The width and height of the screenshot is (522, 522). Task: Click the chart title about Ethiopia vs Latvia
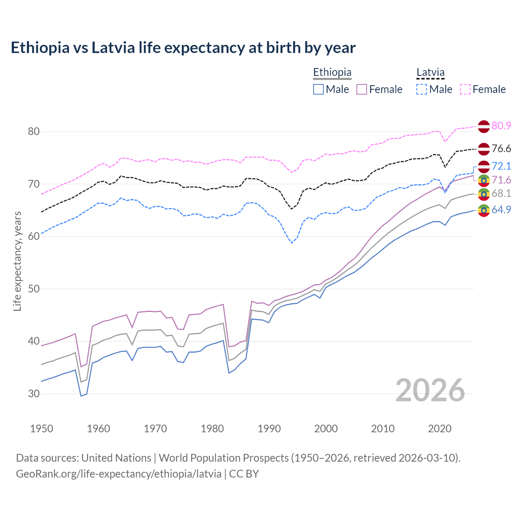[x=183, y=48]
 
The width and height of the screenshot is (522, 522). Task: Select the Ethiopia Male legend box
[x=319, y=89]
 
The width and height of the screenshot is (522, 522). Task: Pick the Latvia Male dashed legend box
[x=422, y=89]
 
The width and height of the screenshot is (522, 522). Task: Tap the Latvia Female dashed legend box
[x=465, y=89]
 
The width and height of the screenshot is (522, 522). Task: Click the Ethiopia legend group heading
[x=332, y=73]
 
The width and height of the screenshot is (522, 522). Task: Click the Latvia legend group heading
[x=430, y=73]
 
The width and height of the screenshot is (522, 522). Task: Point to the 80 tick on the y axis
[x=33, y=131]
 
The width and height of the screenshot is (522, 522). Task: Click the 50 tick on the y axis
[x=33, y=289]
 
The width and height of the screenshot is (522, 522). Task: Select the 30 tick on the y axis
[x=33, y=394]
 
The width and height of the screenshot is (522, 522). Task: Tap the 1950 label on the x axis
[x=42, y=429]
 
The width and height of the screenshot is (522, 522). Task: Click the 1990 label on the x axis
[x=269, y=429]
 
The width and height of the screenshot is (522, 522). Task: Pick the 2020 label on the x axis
[x=440, y=429]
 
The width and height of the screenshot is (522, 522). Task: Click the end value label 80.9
[x=501, y=126]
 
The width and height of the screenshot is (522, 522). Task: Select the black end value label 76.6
[x=501, y=148]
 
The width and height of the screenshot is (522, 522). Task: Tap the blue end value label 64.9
[x=501, y=210]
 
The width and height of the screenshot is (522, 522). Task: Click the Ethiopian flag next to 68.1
[x=484, y=194]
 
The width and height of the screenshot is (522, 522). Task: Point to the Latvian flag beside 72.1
[x=484, y=166]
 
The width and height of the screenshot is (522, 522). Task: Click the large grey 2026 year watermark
[x=430, y=390]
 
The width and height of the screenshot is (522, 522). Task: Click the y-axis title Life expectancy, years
[x=17, y=261]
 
